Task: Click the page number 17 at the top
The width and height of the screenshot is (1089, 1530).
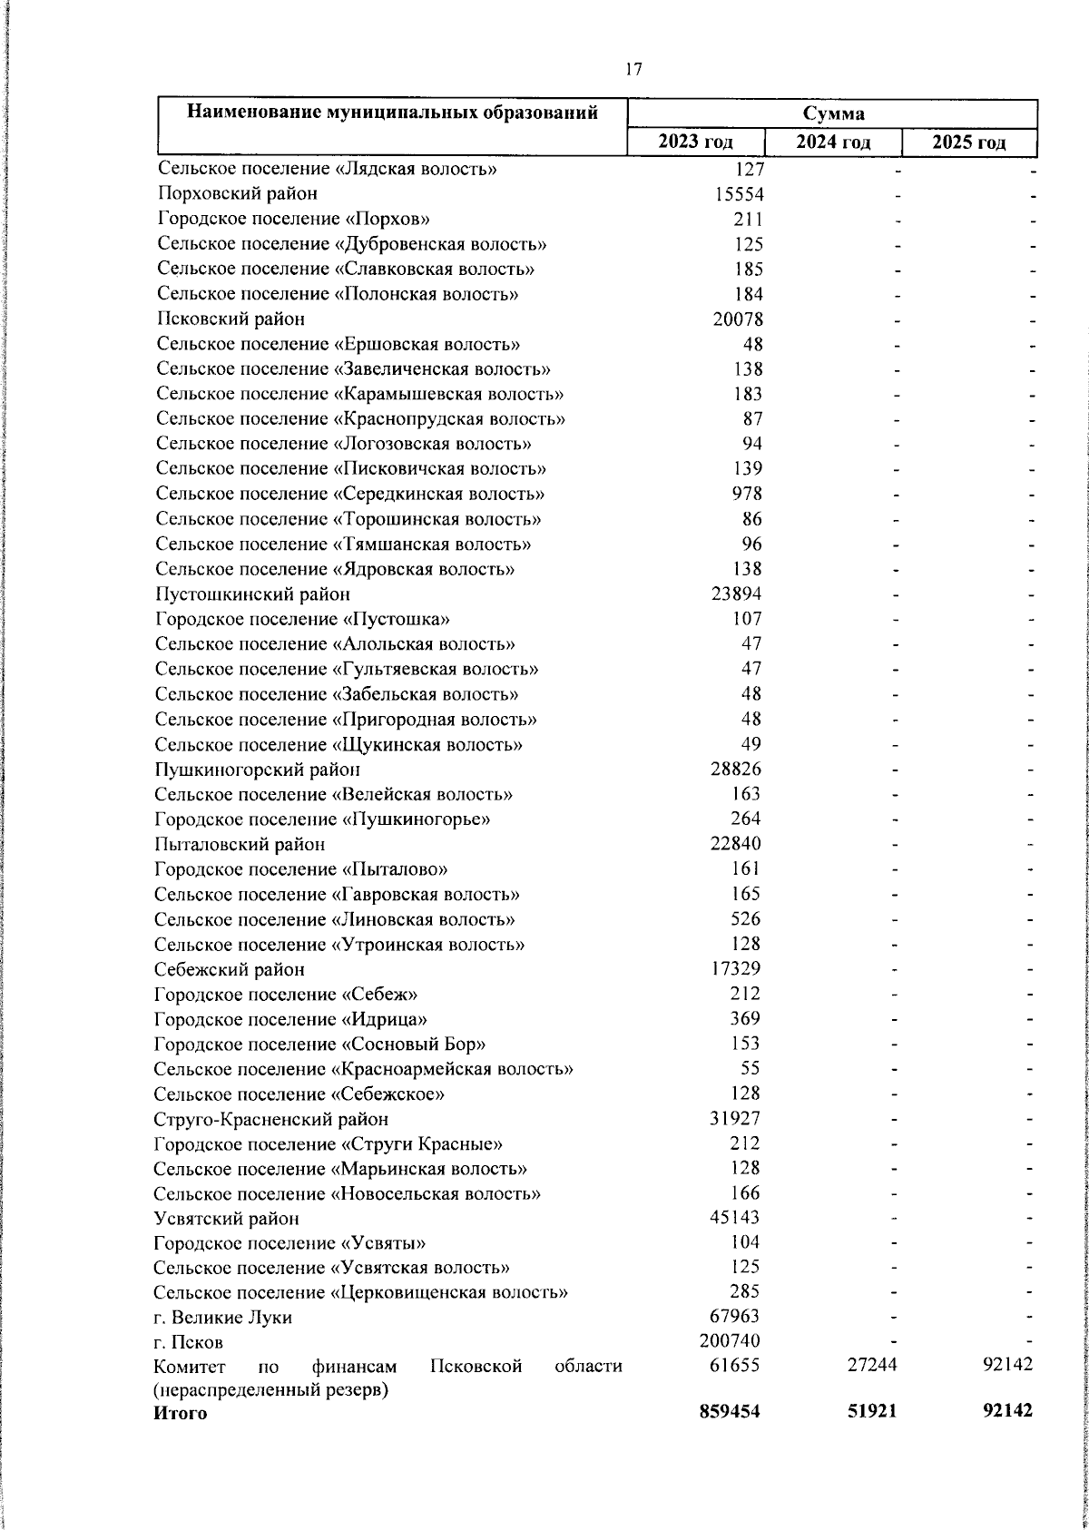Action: (633, 69)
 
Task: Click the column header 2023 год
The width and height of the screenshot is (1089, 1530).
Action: (696, 142)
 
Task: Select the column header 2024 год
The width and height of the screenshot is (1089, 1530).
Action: (833, 142)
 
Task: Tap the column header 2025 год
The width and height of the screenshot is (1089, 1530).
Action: (969, 142)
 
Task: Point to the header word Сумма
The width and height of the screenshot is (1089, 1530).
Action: (832, 113)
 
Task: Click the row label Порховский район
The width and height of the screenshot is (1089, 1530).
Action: (237, 193)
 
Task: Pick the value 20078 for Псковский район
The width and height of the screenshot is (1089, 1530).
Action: (736, 319)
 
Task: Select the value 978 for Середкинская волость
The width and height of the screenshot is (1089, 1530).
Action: (747, 494)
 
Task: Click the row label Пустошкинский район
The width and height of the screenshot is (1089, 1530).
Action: (252, 594)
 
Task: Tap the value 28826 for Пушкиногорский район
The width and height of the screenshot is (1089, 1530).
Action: (735, 770)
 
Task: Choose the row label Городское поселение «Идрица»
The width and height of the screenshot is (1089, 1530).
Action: (290, 1019)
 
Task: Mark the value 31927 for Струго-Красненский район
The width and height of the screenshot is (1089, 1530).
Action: (734, 1119)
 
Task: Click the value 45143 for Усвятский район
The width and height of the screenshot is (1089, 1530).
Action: (734, 1218)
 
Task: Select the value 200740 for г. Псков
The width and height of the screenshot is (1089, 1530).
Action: (730, 1341)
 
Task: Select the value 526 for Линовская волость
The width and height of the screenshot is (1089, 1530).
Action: (746, 919)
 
